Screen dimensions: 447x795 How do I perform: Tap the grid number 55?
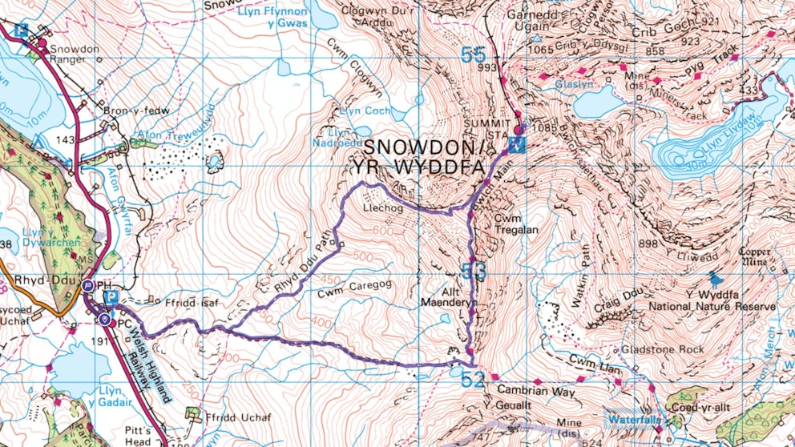coord(473,55)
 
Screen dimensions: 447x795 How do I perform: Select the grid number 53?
coord(474,272)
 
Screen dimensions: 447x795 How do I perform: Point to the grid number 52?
coord(473,378)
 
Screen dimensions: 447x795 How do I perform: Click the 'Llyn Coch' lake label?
coord(365,111)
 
